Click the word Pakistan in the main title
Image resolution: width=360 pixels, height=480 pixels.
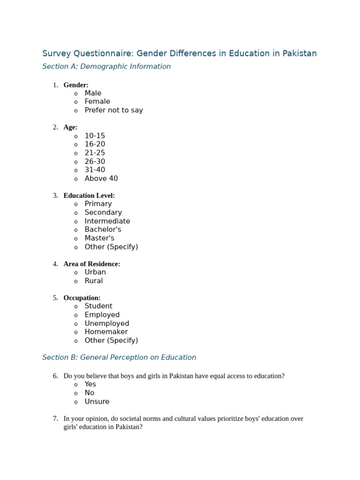click(x=299, y=53)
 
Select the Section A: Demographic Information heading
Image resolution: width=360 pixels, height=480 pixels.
click(x=106, y=67)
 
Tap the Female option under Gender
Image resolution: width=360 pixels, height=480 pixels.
click(x=97, y=102)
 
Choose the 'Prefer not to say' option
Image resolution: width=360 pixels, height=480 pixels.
click(x=113, y=110)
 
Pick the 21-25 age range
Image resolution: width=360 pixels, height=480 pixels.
click(x=95, y=153)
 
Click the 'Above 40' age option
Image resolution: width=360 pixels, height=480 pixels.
click(x=101, y=179)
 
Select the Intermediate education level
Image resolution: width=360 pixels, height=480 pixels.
click(x=107, y=221)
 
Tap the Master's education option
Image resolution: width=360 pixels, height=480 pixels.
click(x=99, y=238)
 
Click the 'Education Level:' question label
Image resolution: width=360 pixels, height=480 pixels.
click(x=89, y=195)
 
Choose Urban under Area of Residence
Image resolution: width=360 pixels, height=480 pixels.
click(x=95, y=272)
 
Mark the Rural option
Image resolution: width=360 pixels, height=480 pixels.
click(x=94, y=281)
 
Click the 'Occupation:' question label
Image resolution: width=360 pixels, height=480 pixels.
click(x=82, y=298)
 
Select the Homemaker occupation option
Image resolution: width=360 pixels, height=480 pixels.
click(x=106, y=332)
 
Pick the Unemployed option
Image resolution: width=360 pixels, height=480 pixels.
click(x=107, y=323)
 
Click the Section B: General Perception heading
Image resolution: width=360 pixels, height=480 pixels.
click(x=119, y=357)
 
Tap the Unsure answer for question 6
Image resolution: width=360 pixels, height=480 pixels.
click(x=97, y=402)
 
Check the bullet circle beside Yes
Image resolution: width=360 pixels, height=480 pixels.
click(x=76, y=385)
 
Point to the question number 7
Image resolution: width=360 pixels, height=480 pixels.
click(x=55, y=419)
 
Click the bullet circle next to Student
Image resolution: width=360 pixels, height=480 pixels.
click(x=76, y=307)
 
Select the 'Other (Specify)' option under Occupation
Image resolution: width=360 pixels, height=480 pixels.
click(x=111, y=340)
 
